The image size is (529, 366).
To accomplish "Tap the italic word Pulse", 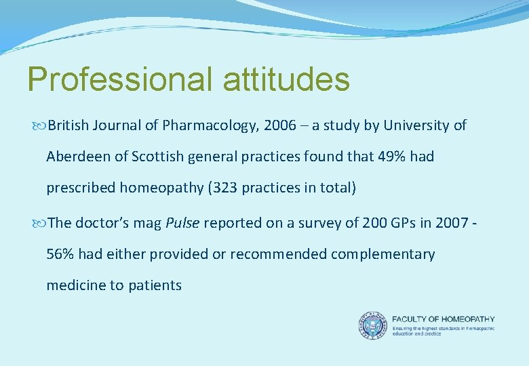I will pyautogui.click(x=183, y=223).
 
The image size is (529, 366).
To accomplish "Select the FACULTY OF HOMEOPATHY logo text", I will pyautogui.click(x=444, y=319).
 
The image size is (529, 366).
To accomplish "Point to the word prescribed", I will pyautogui.click(x=81, y=188).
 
